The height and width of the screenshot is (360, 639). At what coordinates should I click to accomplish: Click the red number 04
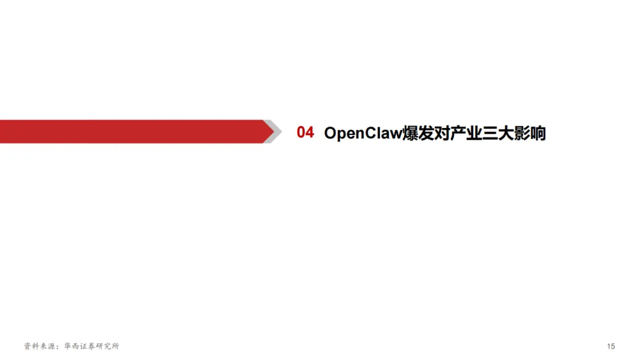[305, 133]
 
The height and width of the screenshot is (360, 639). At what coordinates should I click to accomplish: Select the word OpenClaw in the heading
[363, 133]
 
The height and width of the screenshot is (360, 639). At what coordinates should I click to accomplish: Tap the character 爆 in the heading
[411, 133]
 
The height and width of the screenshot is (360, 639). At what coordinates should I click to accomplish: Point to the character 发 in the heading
[427, 133]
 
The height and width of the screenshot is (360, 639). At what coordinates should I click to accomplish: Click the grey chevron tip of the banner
[271, 131]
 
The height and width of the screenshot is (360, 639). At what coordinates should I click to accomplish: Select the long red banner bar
[130, 131]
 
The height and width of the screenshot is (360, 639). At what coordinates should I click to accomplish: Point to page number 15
[611, 346]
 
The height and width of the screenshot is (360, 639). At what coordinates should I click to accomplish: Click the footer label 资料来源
[37, 346]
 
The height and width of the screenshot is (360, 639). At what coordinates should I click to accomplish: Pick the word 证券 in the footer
[81, 346]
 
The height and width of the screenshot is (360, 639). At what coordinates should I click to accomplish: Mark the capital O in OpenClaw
[330, 133]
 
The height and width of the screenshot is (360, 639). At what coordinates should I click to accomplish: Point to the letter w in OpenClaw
[396, 133]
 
